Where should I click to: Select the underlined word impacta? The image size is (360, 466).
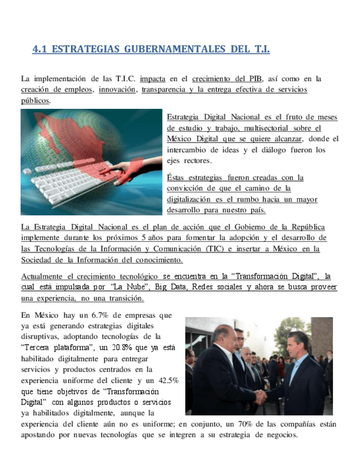[153, 79]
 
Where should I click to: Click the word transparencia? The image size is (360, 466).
[163, 90]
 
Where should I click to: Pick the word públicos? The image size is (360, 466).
[35, 101]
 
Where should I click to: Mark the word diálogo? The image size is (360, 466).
[268, 149]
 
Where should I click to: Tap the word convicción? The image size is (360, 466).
[185, 188]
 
